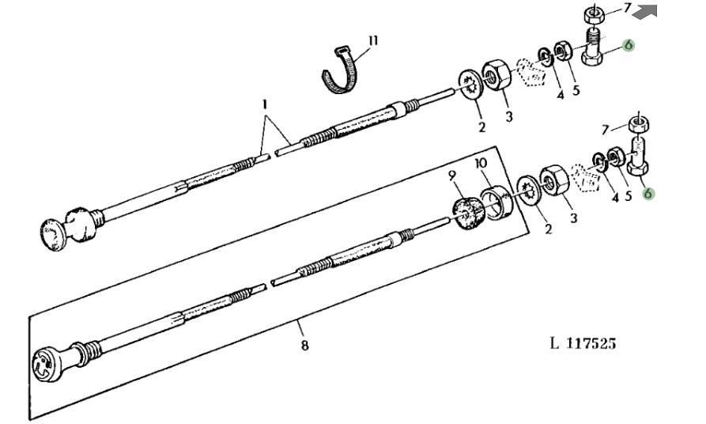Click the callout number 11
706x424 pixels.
click(373, 41)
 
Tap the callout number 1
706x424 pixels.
click(265, 104)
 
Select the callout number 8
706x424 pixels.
click(305, 345)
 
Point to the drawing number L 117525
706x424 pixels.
click(583, 343)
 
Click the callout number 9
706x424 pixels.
click(452, 176)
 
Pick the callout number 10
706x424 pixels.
click(481, 163)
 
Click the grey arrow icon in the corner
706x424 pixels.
click(645, 11)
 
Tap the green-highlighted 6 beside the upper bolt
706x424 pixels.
click(629, 45)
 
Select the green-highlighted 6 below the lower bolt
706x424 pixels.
click(648, 193)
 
